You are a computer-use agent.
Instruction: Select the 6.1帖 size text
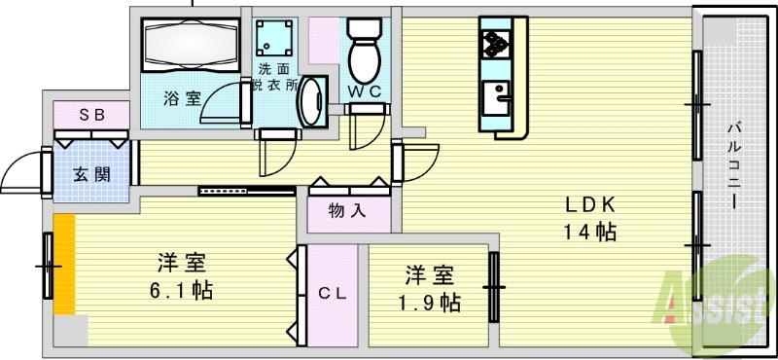[182, 289]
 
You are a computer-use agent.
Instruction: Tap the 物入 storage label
[348, 210]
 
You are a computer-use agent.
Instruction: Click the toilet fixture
[366, 51]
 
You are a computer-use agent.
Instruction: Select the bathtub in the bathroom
[191, 43]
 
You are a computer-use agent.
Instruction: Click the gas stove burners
[496, 43]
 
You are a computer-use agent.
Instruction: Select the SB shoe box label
[91, 114]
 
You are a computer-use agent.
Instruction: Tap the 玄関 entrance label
[90, 175]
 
